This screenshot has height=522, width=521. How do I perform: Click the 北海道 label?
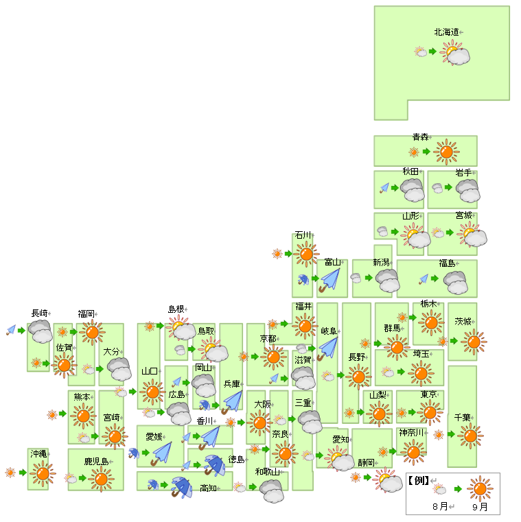click(x=446, y=32)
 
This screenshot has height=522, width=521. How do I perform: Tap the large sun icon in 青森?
click(x=446, y=152)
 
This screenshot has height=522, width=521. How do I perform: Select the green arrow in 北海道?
click(x=432, y=51)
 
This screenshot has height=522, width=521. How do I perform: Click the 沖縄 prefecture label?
click(x=38, y=453)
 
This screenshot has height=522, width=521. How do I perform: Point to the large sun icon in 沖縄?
click(x=43, y=473)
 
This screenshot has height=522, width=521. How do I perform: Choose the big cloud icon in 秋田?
click(x=413, y=190)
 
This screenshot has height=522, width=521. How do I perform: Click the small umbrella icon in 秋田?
click(x=384, y=188)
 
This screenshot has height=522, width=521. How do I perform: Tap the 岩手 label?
click(x=464, y=172)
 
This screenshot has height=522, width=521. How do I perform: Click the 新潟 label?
click(x=382, y=262)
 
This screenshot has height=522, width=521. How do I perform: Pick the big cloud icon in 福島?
click(x=456, y=283)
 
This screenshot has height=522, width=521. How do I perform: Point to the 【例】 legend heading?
click(x=418, y=480)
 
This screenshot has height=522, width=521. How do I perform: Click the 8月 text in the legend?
click(x=440, y=506)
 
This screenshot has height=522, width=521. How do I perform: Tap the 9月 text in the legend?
click(x=480, y=507)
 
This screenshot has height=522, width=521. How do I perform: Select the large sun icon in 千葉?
click(x=470, y=436)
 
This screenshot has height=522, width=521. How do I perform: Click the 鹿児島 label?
click(x=96, y=462)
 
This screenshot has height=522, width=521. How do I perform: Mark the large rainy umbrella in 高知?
click(x=182, y=488)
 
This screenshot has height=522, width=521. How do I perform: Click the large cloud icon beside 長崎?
click(x=40, y=331)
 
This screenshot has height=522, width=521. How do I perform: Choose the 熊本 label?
click(x=82, y=397)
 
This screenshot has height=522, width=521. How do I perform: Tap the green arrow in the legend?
click(x=458, y=489)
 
